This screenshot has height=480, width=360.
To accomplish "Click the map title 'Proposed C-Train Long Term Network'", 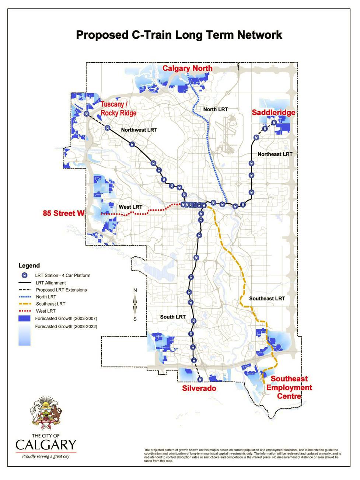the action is [179, 35].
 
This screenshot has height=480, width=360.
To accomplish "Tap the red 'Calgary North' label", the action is [187, 68].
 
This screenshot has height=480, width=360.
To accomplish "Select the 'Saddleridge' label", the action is [273, 112].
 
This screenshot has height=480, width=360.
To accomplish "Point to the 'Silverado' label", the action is [199, 388].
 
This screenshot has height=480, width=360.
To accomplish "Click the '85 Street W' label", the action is [63, 213].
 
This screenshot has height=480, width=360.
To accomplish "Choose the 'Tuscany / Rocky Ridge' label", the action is [118, 109].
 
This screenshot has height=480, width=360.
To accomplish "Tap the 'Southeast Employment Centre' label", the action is [289, 387].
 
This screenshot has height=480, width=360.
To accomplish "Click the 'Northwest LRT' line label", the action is [139, 130].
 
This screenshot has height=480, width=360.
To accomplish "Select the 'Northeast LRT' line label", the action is [275, 154].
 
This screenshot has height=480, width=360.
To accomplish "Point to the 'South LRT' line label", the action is [173, 317].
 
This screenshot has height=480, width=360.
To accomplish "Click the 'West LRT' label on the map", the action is [130, 207].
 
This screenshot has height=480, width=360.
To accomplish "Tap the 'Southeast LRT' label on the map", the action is [267, 298].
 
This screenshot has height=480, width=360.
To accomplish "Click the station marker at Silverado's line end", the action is [200, 379].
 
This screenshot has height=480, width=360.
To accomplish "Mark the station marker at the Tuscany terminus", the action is [86, 114].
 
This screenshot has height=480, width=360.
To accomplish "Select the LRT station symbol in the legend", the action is [24, 275].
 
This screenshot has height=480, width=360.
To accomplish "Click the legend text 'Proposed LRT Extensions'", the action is [62, 290].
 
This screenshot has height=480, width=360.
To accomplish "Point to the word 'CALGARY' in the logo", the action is [46, 445].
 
